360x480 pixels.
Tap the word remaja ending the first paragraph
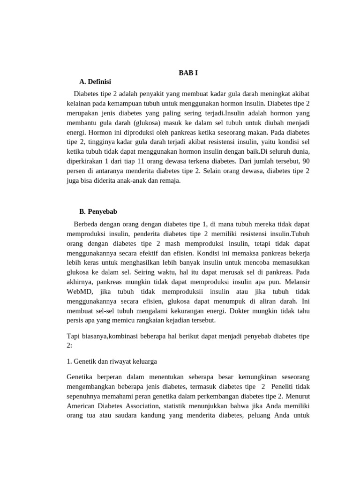170,180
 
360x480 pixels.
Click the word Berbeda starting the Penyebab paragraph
87,224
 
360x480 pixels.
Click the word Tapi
74,337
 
